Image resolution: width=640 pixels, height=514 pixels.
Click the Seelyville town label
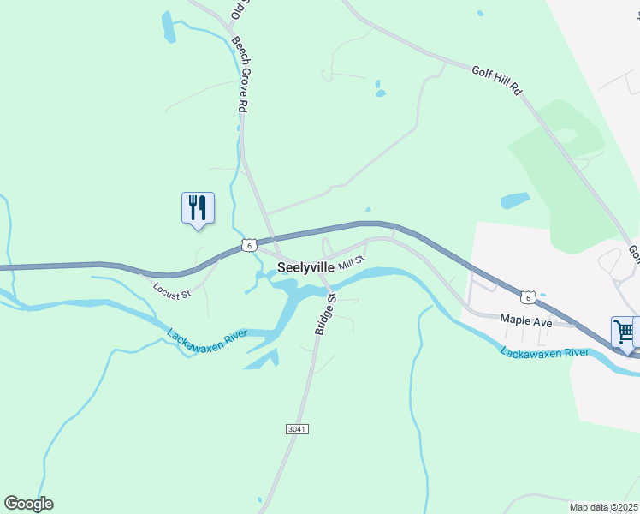305,267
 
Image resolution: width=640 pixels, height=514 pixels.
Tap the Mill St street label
352,262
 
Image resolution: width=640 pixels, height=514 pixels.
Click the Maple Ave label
526,321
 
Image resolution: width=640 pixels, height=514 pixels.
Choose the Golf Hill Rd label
496,78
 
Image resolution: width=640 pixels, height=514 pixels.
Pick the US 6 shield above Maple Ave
530,297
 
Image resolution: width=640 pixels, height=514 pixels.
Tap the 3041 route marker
297,428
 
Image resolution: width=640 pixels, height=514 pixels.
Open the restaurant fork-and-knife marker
198,207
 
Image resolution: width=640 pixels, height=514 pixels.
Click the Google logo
28,504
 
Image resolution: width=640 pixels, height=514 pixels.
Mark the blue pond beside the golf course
514,200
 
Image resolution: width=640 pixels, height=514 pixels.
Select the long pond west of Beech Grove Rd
169,27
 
